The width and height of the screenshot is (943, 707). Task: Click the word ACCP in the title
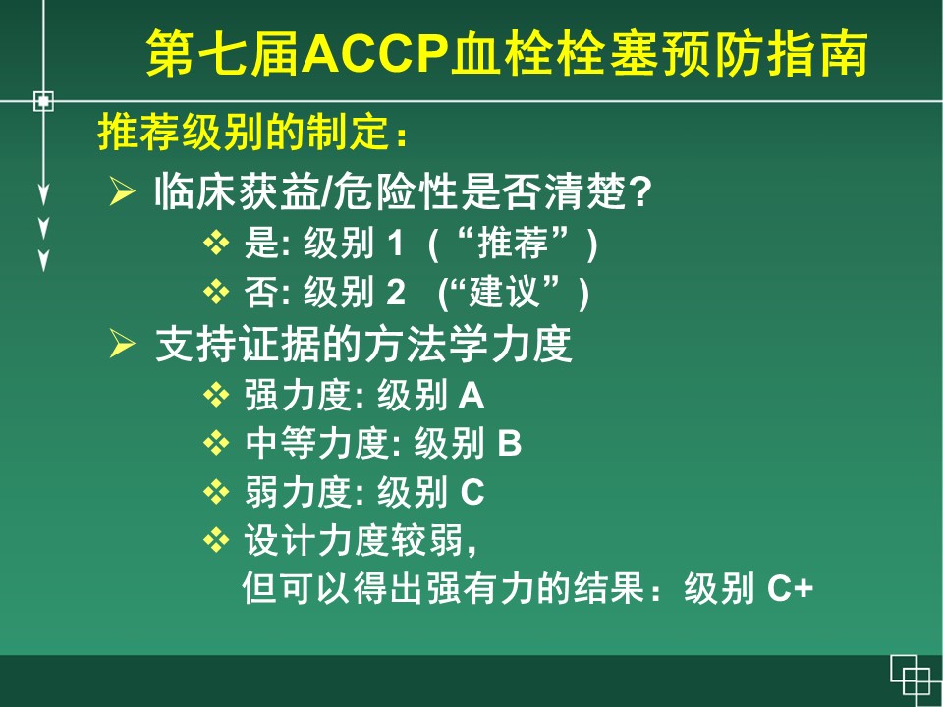375,53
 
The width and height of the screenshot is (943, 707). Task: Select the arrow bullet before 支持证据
122,344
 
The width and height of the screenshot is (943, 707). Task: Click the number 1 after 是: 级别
395,244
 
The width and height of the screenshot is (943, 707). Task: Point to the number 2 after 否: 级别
396,293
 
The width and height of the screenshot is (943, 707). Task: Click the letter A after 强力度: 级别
471,396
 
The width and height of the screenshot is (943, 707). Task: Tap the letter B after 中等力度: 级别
509,443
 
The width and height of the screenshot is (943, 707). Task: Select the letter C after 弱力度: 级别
472,492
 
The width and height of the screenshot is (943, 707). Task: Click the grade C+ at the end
790,588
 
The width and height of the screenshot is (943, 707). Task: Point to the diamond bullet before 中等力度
216,444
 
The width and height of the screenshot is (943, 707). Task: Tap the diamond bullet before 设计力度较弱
216,540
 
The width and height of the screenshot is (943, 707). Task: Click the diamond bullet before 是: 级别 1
216,244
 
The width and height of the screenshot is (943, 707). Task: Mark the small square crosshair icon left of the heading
43,101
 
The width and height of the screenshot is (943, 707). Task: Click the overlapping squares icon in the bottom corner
915,680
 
